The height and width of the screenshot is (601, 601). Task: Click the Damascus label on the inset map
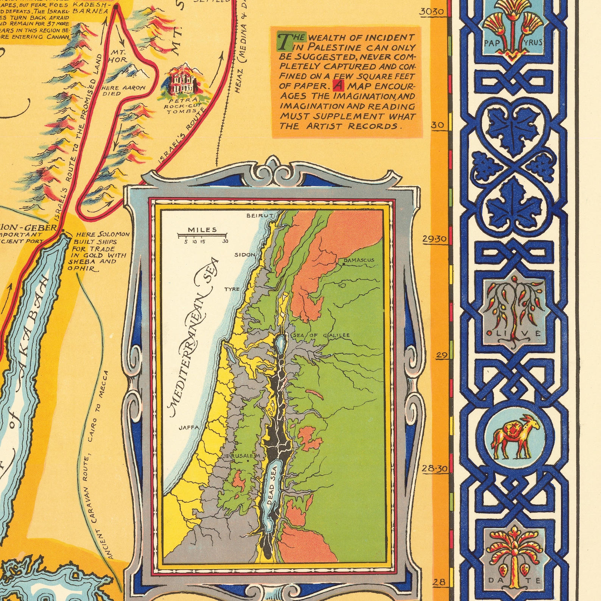pyautogui.click(x=358, y=260)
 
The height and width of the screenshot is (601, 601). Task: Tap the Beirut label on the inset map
pyautogui.click(x=260, y=216)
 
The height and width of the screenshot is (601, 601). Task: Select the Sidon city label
pyautogui.click(x=245, y=255)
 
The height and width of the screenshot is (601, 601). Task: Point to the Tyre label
pyautogui.click(x=232, y=289)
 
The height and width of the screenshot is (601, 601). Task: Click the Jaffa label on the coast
pyautogui.click(x=189, y=428)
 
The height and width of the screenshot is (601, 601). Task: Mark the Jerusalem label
pyautogui.click(x=242, y=456)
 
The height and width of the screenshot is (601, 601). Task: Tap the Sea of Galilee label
pyautogui.click(x=321, y=335)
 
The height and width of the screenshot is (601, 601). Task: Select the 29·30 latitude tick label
pyautogui.click(x=435, y=239)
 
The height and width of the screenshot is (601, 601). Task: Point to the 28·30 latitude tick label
pyautogui.click(x=435, y=469)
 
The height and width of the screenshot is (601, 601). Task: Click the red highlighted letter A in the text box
pyautogui.click(x=338, y=86)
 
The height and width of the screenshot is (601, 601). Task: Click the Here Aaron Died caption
pyautogui.click(x=123, y=90)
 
